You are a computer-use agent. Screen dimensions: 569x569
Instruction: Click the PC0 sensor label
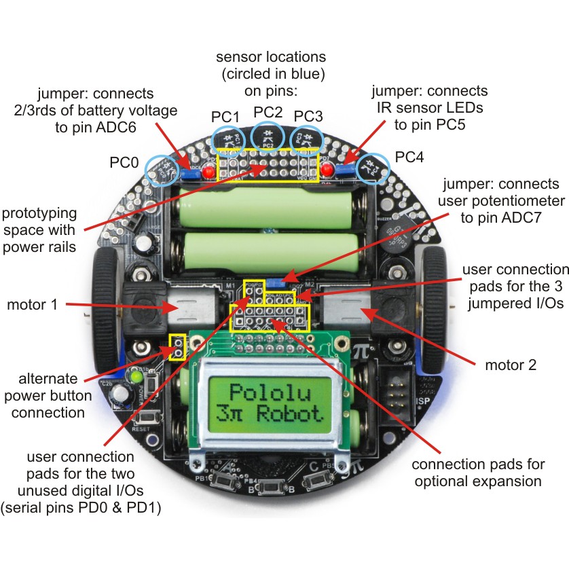coord(124,164)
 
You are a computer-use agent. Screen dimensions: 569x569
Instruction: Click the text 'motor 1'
coord(32,304)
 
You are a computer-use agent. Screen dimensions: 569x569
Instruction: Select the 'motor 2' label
coord(511,365)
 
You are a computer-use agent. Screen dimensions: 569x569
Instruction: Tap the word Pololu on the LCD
coord(274,392)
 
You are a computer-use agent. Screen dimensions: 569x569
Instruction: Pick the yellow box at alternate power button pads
coord(178,347)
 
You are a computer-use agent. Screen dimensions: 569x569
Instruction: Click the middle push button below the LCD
coord(272,487)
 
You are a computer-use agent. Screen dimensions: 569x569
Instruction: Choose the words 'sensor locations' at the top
coord(271,56)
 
